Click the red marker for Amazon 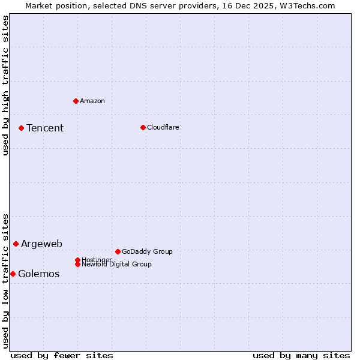tap(76, 101)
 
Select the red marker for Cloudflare tap(143, 127)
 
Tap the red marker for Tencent tap(21, 128)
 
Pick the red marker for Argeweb tap(16, 244)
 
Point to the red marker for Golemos tap(13, 274)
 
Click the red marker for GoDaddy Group tap(118, 251)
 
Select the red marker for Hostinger tap(77, 260)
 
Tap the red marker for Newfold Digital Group tap(77, 264)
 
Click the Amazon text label tap(92, 101)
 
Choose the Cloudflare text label tap(163, 127)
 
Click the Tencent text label tap(45, 128)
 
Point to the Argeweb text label tap(41, 244)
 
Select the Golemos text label tap(39, 274)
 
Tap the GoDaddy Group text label tap(147, 251)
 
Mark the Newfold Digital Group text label tap(117, 265)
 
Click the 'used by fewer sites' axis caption tap(62, 355)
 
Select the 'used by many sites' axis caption tap(301, 355)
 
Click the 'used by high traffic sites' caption tap(5, 85)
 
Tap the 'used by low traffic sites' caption tap(5, 281)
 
